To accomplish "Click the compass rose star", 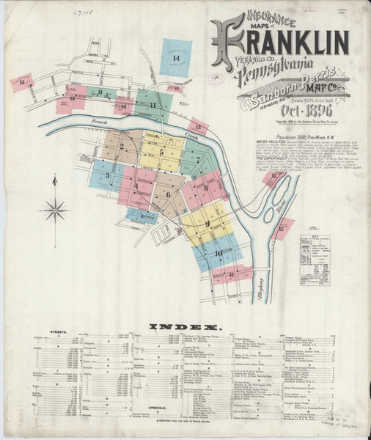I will pyautogui.click(x=54, y=211).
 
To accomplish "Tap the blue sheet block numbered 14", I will pyautogui.click(x=175, y=58).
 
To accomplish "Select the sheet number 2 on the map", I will pyautogui.click(x=120, y=146).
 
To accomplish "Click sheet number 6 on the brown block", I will pyautogui.click(x=168, y=194).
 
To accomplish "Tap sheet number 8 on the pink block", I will pyautogui.click(x=207, y=188).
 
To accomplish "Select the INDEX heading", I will pyautogui.click(x=185, y=326).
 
